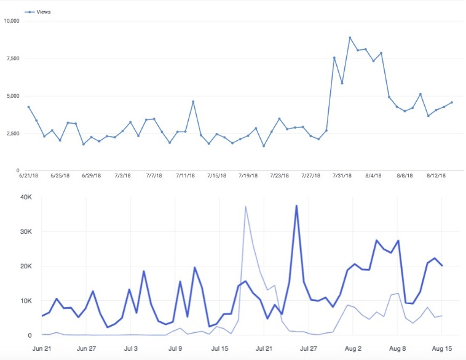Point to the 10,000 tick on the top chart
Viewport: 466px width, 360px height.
pos(12,21)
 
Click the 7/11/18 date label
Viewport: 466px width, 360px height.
pos(186,176)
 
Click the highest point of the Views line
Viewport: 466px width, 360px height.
pos(350,38)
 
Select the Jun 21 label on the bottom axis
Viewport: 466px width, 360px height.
pos(42,348)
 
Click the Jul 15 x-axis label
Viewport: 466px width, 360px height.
pos(220,348)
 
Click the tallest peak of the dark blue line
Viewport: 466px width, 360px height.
pos(296,206)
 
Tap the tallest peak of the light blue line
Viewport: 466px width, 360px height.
pos(245,207)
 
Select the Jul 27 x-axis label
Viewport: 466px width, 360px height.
pos(309,348)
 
